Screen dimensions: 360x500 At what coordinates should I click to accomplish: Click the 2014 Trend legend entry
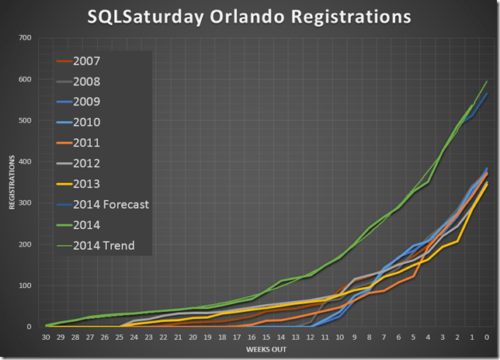coord(103,246)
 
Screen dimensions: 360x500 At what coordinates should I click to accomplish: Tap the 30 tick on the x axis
coord(47,337)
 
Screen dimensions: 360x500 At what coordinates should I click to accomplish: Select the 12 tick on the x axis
coord(311,337)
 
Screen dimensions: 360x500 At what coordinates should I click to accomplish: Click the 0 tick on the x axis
coord(486,337)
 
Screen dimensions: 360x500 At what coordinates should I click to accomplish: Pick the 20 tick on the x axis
coord(193,337)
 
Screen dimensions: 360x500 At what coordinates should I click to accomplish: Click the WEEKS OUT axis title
coord(266,350)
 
